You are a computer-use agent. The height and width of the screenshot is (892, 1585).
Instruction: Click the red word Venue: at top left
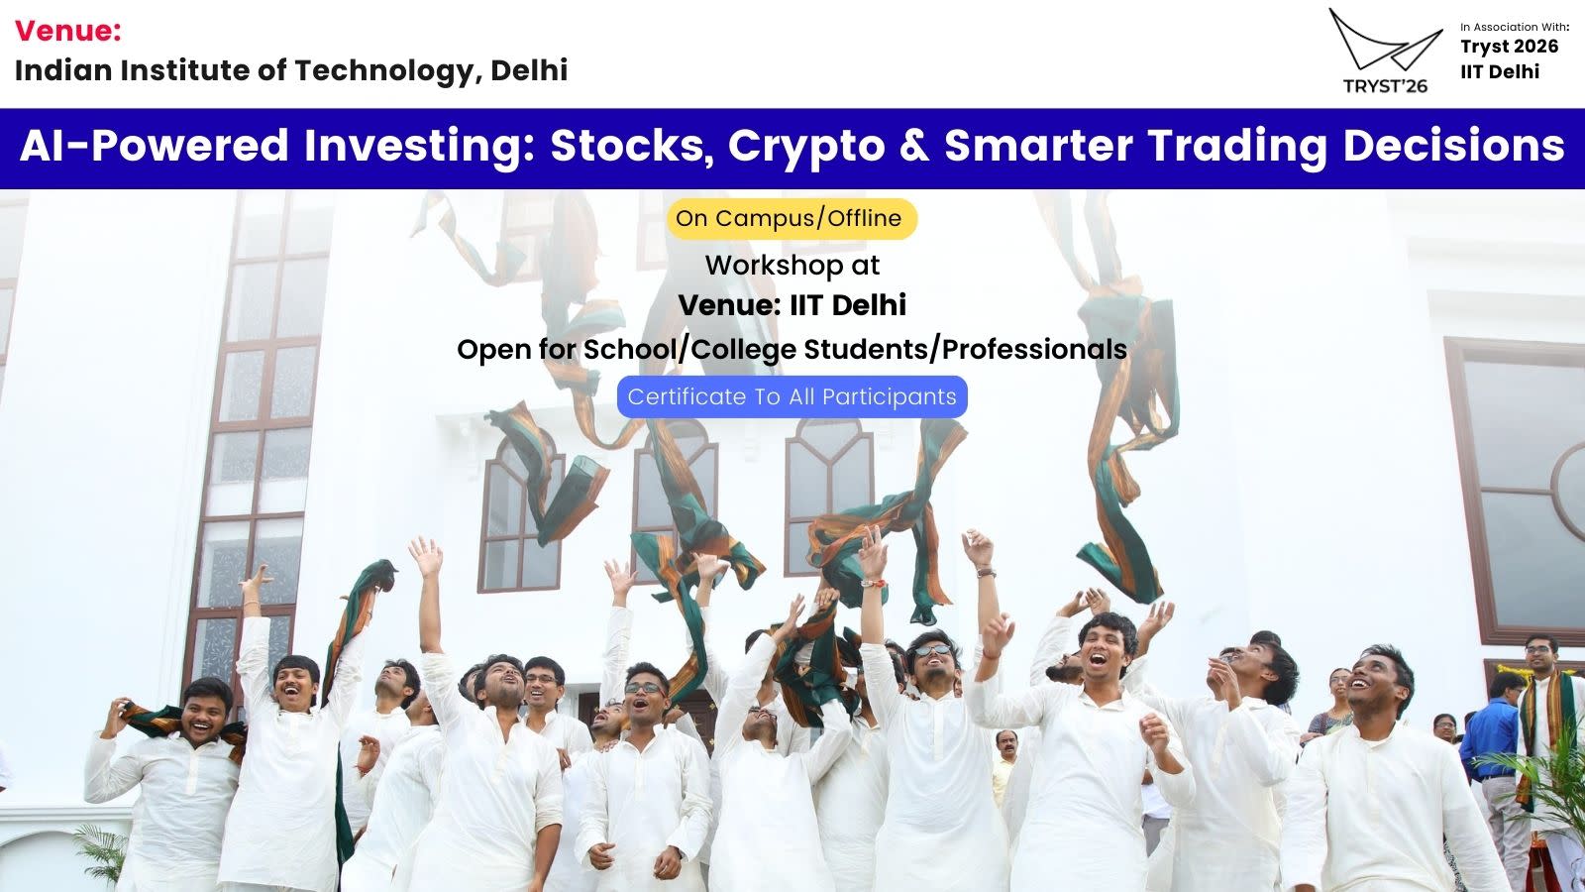tap(68, 31)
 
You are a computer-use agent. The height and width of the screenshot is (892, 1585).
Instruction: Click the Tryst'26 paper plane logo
tap(1385, 51)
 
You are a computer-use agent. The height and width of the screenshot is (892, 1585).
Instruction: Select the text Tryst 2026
tap(1510, 47)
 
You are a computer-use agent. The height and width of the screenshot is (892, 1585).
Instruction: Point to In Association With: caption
tap(1515, 27)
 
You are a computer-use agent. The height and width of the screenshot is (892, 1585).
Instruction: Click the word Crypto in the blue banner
tap(806, 146)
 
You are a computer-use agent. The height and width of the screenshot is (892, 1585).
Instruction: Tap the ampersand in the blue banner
tap(915, 145)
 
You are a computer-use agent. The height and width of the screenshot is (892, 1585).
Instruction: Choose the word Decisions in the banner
tap(1453, 145)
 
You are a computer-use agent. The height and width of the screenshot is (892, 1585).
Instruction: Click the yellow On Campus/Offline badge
tap(792, 219)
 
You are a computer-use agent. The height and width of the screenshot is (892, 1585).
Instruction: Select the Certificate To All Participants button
tap(792, 396)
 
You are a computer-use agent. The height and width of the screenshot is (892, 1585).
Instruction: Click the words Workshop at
tap(792, 266)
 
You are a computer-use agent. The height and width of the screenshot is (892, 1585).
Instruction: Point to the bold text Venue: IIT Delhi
tap(792, 305)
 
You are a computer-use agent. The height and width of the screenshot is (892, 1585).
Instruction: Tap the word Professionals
tap(1034, 350)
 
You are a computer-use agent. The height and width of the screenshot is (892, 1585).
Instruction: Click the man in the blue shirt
tap(1489, 750)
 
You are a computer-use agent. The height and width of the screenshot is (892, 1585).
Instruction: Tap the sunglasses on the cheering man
tap(932, 650)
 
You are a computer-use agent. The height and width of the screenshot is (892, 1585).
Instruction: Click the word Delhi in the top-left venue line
tap(529, 70)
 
